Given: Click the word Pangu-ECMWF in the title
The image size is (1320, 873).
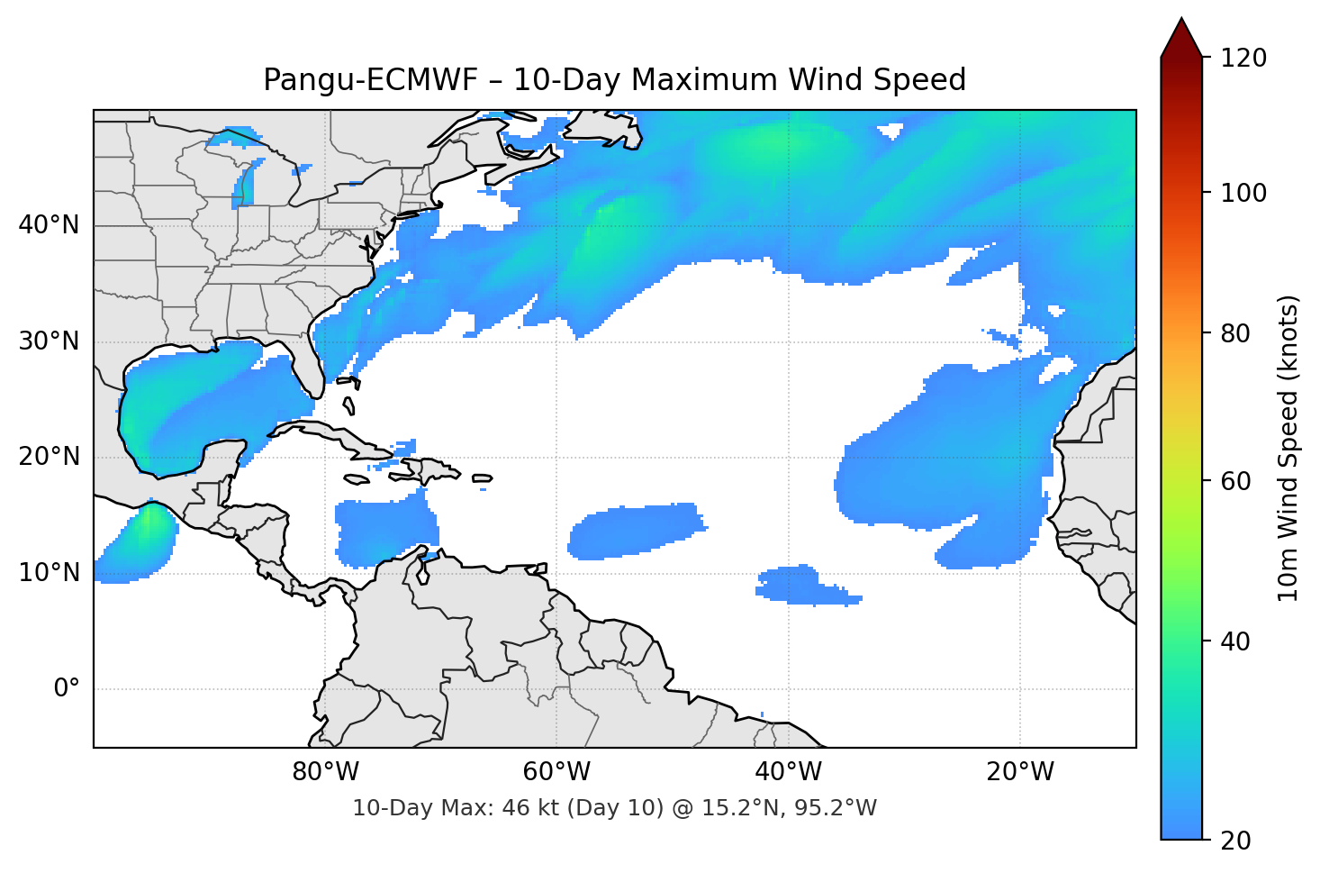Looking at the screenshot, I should (371, 80).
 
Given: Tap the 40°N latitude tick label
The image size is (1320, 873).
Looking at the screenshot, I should (49, 225).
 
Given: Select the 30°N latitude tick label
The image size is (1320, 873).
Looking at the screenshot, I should (49, 341).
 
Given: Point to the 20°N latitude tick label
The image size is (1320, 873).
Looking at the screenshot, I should (49, 457).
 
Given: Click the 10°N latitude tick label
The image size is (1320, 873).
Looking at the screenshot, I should (49, 573).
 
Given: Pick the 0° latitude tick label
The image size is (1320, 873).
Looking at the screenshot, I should (66, 689).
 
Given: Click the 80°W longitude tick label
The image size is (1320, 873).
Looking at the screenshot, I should (325, 772).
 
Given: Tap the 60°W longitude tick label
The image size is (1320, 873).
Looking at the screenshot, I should (556, 772).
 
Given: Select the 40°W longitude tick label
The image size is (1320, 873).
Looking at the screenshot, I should (788, 772).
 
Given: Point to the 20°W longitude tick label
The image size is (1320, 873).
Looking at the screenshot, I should (1019, 772).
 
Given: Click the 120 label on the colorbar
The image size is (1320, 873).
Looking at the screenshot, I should (1243, 59).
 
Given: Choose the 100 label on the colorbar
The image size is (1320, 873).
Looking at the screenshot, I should (1243, 193).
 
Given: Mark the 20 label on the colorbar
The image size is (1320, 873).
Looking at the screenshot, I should (1235, 841).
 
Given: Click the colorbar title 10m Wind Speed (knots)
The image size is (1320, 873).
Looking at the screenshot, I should (1288, 448).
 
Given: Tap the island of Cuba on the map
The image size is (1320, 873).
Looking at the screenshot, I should (342, 437).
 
